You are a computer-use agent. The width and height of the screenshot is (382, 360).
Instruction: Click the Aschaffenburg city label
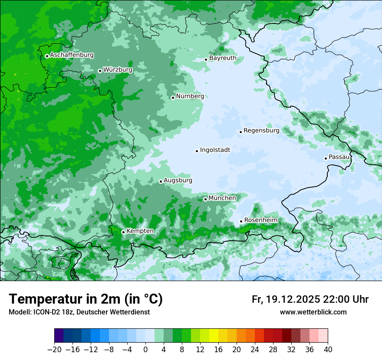(x=72, y=55)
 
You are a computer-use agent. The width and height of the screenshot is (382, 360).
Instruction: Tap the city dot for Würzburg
(x=100, y=71)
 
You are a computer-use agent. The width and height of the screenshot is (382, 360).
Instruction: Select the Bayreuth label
(x=223, y=58)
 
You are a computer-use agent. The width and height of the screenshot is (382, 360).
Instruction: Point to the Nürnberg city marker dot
(x=173, y=98)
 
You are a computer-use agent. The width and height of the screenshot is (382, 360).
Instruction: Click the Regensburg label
(x=261, y=130)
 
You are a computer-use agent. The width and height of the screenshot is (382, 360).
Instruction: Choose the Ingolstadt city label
(x=215, y=150)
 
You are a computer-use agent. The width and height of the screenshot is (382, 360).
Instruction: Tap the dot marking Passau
(x=326, y=158)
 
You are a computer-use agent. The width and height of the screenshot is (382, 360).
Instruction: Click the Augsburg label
(x=178, y=180)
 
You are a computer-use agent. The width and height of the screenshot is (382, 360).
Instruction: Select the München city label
(x=222, y=198)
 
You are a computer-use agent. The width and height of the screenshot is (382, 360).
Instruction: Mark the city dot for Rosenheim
(x=241, y=222)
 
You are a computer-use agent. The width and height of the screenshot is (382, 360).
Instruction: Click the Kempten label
(x=140, y=231)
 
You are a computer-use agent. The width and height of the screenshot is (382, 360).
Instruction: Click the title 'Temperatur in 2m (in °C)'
(x=86, y=299)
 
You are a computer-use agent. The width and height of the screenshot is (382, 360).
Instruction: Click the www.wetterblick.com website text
(x=313, y=312)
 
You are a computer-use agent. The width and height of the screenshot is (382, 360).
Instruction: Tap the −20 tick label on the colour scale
(x=54, y=350)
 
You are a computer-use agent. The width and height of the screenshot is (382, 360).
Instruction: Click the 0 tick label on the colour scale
(x=145, y=350)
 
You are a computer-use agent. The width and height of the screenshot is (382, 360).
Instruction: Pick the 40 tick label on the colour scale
(x=328, y=350)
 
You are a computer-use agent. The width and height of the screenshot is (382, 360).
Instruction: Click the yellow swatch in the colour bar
(x=214, y=336)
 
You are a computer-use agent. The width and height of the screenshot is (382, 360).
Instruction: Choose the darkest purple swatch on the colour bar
(x=59, y=336)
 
